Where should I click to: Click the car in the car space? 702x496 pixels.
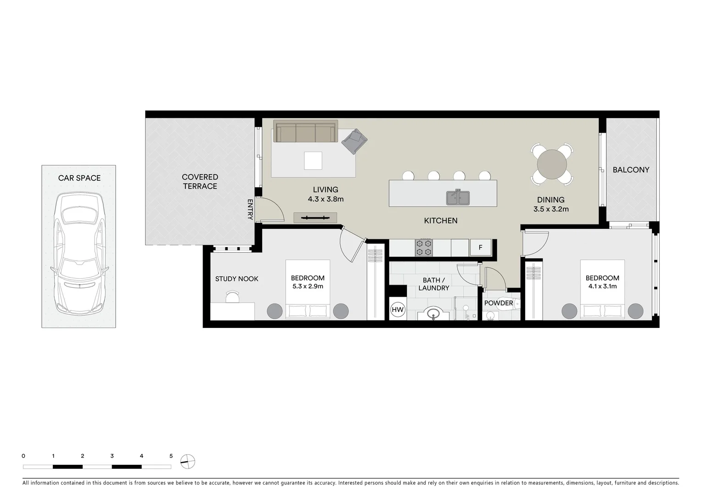[79, 253]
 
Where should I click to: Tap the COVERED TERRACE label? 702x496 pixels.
[200, 181]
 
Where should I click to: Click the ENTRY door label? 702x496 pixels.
[250, 209]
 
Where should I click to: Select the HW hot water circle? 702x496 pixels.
[397, 310]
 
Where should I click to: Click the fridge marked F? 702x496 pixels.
[480, 248]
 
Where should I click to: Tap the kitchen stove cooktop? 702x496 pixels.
[424, 248]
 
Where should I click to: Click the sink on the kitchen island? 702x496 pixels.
[458, 197]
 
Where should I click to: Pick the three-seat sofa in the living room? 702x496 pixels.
[305, 132]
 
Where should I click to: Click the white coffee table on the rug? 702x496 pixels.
[313, 161]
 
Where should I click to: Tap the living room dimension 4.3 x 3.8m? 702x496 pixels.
[326, 199]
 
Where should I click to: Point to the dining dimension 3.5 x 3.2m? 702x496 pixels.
[550, 209]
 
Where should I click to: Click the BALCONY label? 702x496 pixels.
[631, 170]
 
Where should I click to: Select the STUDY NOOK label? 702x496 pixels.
[236, 279]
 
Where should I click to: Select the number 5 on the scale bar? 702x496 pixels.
[171, 456]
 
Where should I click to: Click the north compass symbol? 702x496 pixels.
[188, 461]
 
